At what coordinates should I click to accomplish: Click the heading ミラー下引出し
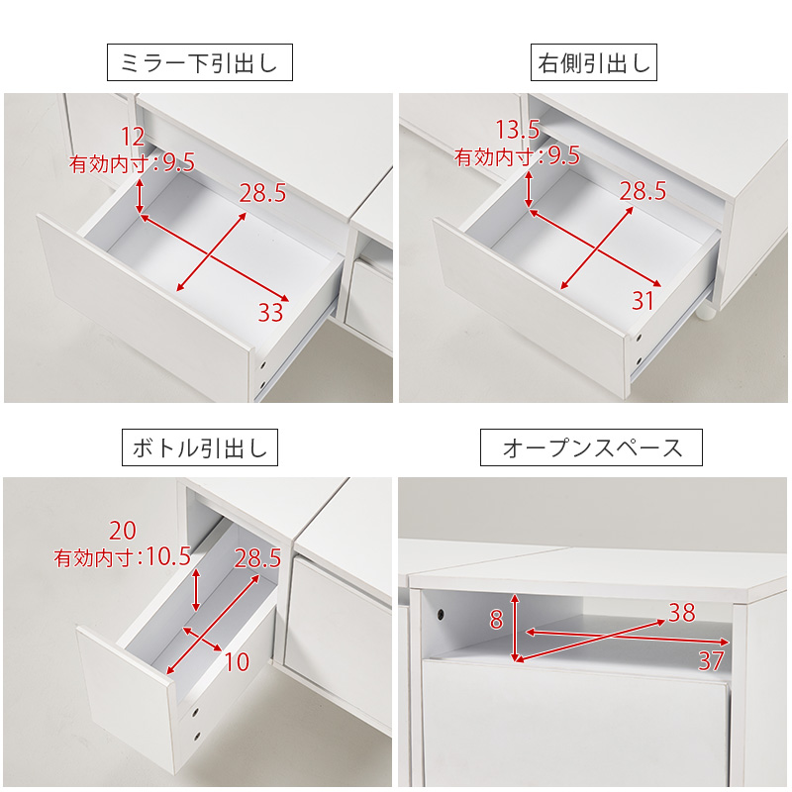tap(200, 64)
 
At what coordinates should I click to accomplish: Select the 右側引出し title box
tap(594, 64)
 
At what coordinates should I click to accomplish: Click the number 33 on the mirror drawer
tap(270, 314)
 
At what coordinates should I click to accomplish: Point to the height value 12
tap(133, 137)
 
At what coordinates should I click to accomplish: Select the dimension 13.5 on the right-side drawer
tap(518, 130)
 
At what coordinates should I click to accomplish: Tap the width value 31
tap(643, 302)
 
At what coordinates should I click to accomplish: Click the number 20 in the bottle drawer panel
tap(124, 531)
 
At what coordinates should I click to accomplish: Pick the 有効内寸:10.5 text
tap(123, 557)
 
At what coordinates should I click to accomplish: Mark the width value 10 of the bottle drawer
tap(237, 662)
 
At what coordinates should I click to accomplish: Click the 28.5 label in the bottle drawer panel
tap(258, 558)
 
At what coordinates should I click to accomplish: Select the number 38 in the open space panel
tap(681, 613)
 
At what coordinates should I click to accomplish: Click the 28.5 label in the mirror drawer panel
tap(262, 193)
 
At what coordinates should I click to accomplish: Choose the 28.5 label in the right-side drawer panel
tap(643, 191)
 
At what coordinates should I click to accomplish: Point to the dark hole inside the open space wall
tap(438, 617)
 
